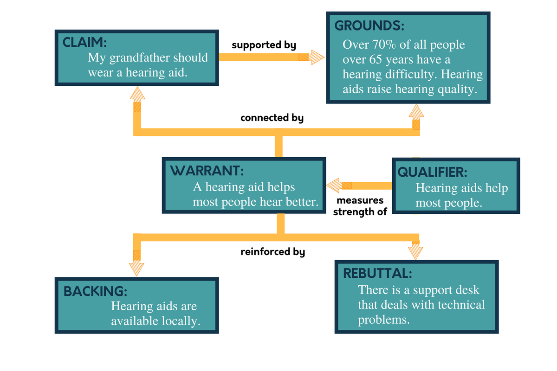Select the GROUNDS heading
tap(369, 26)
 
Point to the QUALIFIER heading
tap(432, 172)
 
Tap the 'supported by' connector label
tap(264, 45)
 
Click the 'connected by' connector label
tap(272, 118)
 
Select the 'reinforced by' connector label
tap(272, 252)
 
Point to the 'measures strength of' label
tap(360, 206)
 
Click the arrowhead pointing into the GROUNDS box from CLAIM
tap(317, 57)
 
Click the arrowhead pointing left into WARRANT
tap(334, 185)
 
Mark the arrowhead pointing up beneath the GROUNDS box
tap(416, 111)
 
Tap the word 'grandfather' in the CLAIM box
tap(141, 58)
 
